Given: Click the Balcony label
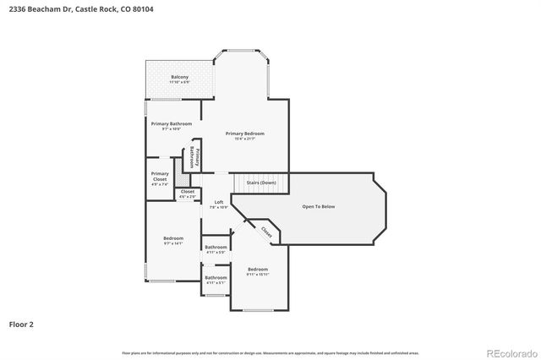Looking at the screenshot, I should (x=179, y=77).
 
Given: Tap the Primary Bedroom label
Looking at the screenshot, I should (x=244, y=134).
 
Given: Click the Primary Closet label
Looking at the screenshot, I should (x=160, y=176).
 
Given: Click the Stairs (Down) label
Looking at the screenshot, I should (x=260, y=183).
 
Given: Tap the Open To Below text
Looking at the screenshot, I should (x=319, y=206).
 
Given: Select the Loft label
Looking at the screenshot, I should (x=218, y=202).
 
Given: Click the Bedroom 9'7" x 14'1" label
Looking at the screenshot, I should (x=172, y=240).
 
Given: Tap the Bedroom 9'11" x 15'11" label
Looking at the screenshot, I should (x=257, y=270).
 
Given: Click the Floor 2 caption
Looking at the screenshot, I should (x=21, y=324).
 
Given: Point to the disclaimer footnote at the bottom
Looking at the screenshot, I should (x=270, y=352).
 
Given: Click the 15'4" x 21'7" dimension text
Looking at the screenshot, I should (x=244, y=139).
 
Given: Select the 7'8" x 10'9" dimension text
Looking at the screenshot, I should (x=218, y=207).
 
